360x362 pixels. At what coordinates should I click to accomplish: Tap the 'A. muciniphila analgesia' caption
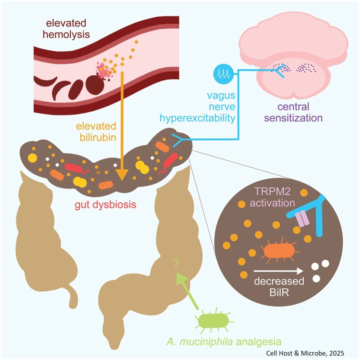223,342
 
